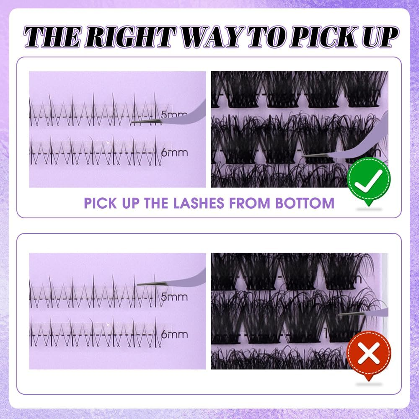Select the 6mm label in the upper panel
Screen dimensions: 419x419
click(x=174, y=153)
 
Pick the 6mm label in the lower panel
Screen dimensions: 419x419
click(x=174, y=335)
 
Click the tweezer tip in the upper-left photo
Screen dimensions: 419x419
click(x=133, y=123)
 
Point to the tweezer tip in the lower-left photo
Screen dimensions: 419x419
click(x=139, y=284)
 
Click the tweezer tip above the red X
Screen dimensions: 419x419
click(x=339, y=314)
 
